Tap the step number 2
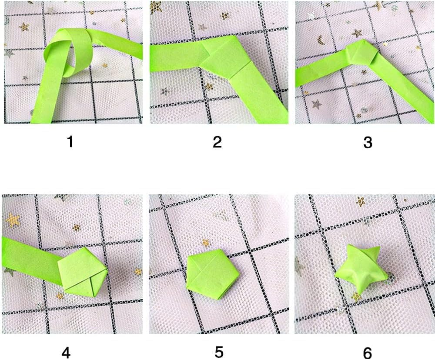[x=217, y=142]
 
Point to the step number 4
[x=66, y=352]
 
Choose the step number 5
[x=219, y=352]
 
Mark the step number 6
[x=367, y=352]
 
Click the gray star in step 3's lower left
[x=317, y=104]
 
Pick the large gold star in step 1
[x=24, y=27]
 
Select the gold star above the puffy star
[x=360, y=201]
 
